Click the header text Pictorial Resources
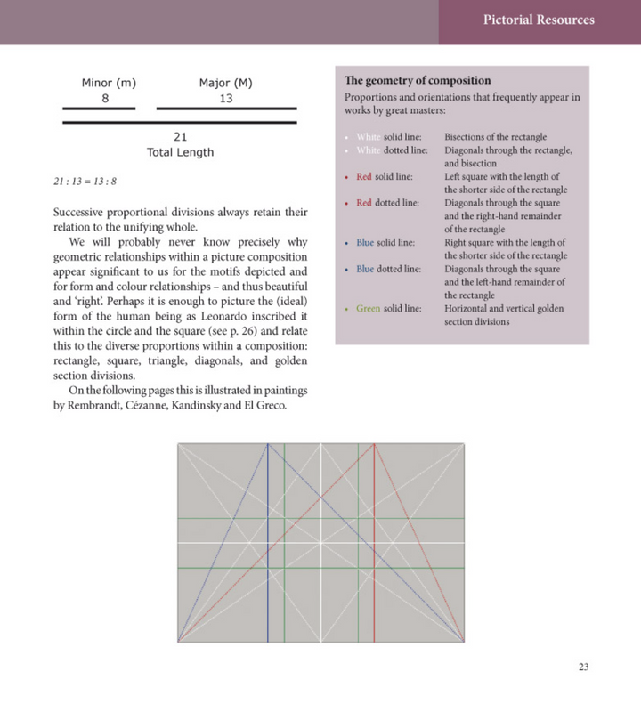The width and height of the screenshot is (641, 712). tap(539, 20)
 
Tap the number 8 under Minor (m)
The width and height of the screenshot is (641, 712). tap(105, 98)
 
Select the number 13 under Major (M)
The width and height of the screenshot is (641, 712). tap(226, 98)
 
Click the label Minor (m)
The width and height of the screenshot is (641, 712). tap(109, 84)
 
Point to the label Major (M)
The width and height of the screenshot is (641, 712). tap(226, 84)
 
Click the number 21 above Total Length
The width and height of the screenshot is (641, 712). tap(180, 137)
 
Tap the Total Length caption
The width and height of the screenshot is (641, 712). tap(180, 152)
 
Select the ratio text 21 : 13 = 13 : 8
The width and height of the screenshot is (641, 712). tap(85, 182)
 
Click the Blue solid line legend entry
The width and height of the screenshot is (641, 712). tap(385, 242)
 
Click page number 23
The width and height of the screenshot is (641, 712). tap(583, 667)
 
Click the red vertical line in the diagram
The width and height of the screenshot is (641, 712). tap(375, 570)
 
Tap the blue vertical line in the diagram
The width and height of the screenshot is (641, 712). tap(267, 570)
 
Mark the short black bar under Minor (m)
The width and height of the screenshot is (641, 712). tap(99, 109)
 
